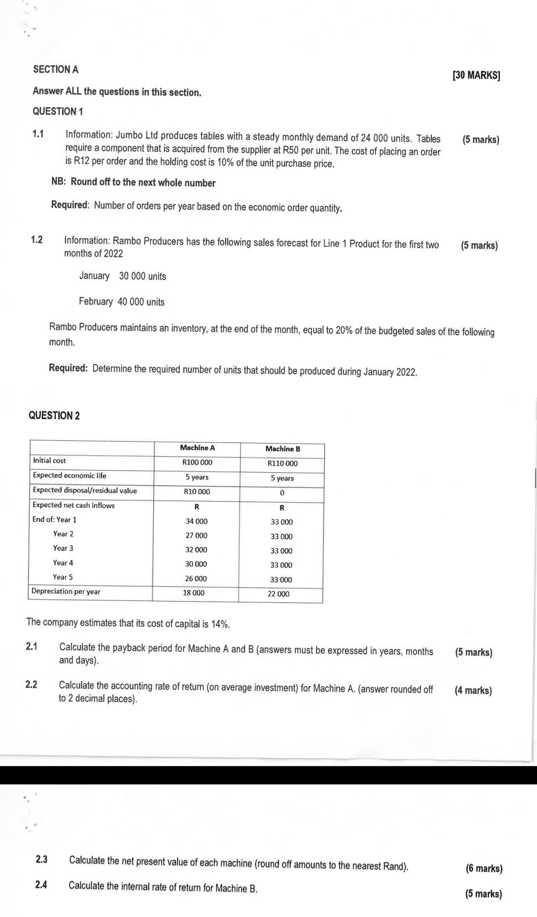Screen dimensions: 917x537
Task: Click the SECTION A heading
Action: tap(56, 70)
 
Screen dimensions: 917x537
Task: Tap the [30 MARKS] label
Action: tap(476, 76)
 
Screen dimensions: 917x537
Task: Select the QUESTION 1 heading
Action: tap(58, 112)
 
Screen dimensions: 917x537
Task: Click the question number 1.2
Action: tap(37, 240)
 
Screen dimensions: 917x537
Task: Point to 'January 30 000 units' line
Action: tap(122, 276)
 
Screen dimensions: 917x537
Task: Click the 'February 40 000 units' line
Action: tap(122, 302)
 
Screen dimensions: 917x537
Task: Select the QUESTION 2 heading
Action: tap(54, 416)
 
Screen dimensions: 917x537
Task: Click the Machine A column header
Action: tap(197, 448)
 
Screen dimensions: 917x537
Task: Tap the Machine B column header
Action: tap(283, 449)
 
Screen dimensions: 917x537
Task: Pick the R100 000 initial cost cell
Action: tap(197, 462)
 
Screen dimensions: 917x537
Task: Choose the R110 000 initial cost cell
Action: tap(282, 463)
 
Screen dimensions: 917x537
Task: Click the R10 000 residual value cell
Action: tap(197, 492)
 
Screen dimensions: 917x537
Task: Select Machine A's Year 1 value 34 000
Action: tap(196, 521)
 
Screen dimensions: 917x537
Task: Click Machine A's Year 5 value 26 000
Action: tap(196, 578)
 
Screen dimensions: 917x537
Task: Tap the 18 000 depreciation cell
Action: tap(194, 593)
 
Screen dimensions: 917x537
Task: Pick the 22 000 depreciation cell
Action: tap(278, 594)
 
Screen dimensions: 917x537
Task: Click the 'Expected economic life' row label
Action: tap(70, 476)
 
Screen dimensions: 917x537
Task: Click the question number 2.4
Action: tap(41, 885)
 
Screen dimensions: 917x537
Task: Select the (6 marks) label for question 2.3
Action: tap(484, 869)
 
